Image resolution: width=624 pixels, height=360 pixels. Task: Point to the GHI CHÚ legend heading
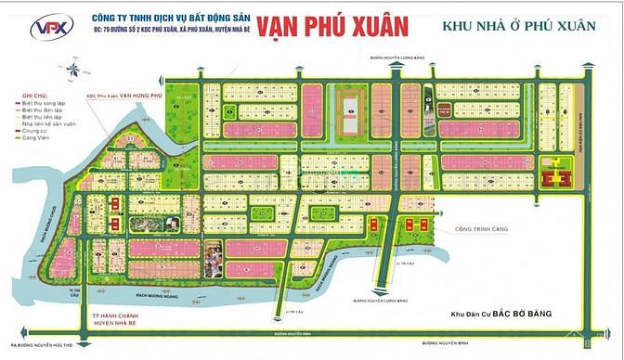tap(21, 96)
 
